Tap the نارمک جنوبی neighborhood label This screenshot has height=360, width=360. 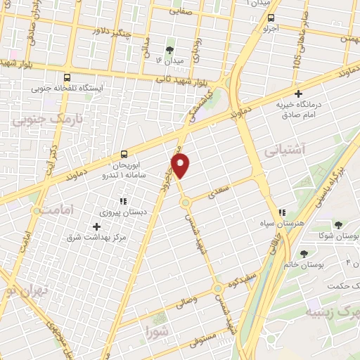click(48, 119)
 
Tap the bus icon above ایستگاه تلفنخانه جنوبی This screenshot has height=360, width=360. click(67, 78)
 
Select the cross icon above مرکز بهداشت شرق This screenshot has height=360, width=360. click(96, 226)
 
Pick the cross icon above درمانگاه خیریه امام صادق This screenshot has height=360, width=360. click(298, 94)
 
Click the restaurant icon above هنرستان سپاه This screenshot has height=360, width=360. click(282, 212)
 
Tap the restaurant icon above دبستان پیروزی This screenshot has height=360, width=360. click(123, 202)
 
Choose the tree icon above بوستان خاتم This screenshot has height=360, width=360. click(304, 254)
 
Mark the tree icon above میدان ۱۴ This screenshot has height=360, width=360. click(169, 49)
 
